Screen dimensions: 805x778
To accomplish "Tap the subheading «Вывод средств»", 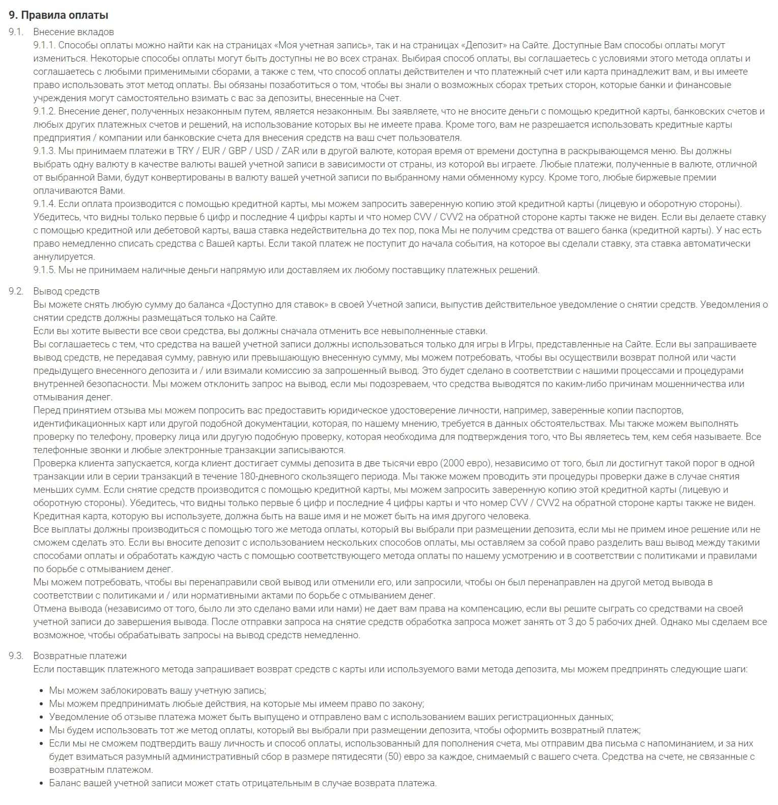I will [66, 291].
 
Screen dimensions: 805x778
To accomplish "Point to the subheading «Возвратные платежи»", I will [80, 656].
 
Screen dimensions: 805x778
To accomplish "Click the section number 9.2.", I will [16, 291].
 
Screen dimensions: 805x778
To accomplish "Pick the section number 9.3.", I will [16, 656].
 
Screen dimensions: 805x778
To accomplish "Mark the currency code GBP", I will [237, 151].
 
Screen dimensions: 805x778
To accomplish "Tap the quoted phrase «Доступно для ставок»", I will [279, 305].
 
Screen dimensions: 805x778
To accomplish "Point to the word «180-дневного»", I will [286, 476].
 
